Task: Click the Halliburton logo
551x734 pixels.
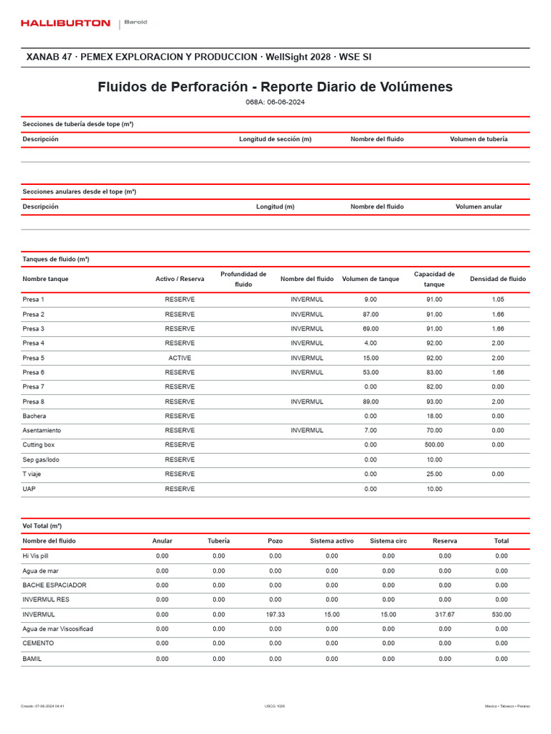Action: (x=65, y=24)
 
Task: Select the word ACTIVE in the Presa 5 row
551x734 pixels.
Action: (x=179, y=358)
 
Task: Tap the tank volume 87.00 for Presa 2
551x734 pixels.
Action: (x=370, y=314)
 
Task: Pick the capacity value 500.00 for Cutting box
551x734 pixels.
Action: (x=434, y=444)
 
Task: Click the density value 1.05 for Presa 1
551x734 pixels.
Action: (x=498, y=299)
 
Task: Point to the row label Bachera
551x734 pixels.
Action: (x=34, y=416)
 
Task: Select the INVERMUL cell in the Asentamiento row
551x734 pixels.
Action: (x=307, y=430)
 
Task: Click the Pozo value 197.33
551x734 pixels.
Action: (x=275, y=614)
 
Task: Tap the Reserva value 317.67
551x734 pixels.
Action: (x=445, y=614)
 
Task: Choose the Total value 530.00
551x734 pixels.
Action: (x=501, y=614)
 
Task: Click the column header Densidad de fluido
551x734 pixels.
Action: (x=498, y=279)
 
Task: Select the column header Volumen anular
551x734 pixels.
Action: (x=479, y=206)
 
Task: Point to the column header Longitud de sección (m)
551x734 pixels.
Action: (x=275, y=139)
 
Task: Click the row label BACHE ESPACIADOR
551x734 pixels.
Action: (x=55, y=585)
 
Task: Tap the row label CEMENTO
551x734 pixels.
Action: (x=38, y=643)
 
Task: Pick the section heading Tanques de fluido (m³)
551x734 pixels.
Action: (x=56, y=259)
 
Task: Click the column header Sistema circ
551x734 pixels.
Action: (x=388, y=540)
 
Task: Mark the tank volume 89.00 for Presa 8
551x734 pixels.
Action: (x=370, y=401)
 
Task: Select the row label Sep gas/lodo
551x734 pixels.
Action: (x=42, y=459)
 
